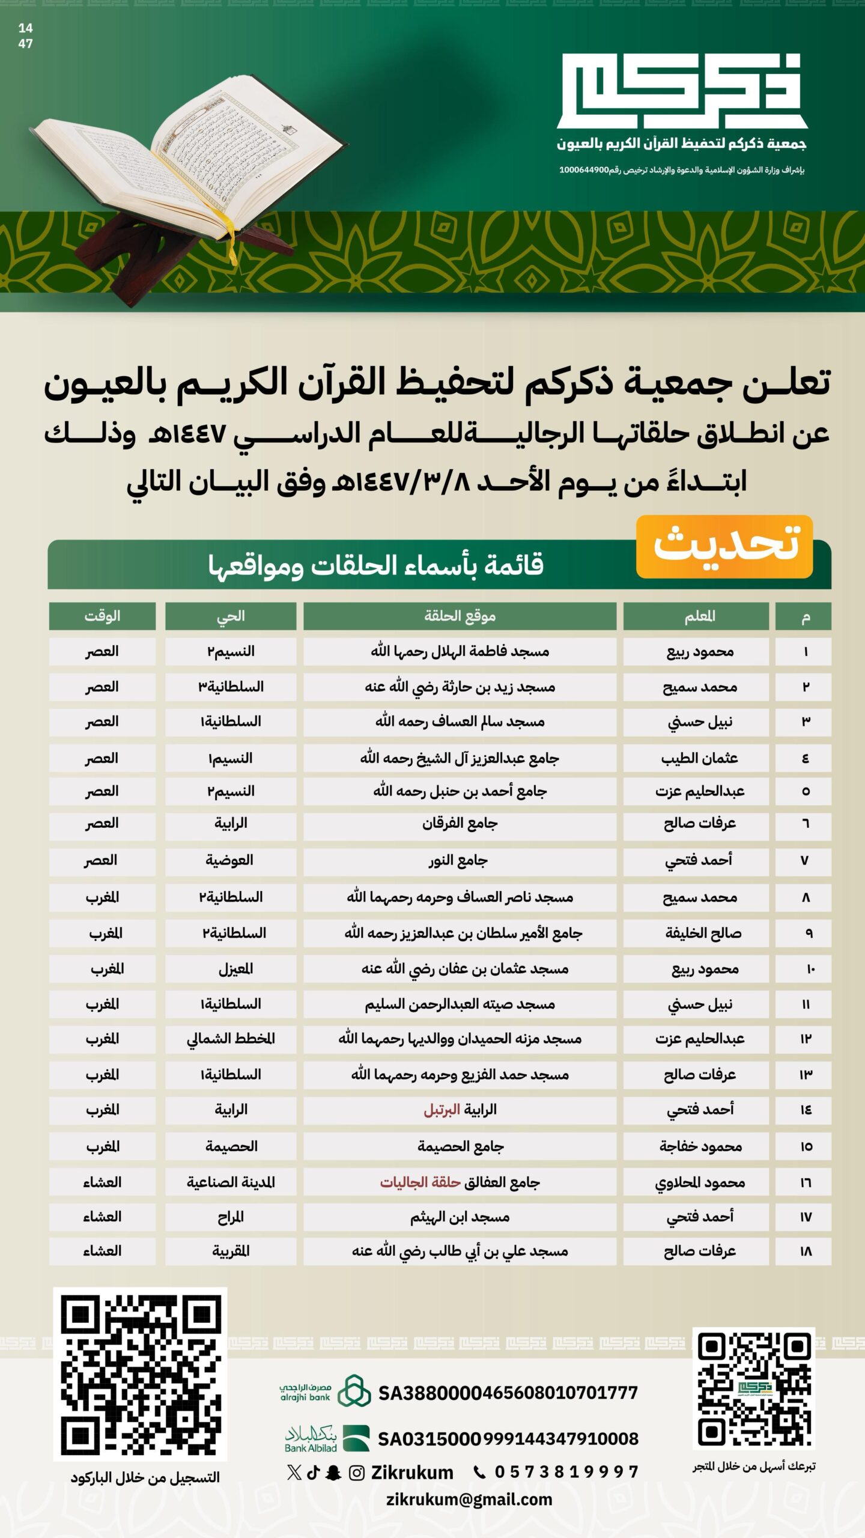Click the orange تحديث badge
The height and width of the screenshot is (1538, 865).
724,546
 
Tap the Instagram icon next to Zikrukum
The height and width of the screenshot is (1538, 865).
357,1473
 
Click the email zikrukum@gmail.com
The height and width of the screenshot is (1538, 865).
469,1500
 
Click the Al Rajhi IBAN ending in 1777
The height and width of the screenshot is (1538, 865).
508,1393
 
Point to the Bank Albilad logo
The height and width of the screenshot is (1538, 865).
327,1439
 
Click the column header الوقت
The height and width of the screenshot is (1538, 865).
102,616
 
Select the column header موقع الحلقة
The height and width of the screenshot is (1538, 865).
460,616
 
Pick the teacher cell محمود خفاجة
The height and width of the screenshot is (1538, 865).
700,1146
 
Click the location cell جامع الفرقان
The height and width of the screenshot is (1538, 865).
460,823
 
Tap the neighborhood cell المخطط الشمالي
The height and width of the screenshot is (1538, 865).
231,1039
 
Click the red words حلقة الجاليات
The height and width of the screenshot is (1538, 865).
420,1182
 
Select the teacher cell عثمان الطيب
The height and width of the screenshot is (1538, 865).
699,758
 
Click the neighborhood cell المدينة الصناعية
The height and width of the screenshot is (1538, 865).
231,1182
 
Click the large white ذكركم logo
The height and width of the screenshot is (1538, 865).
682,90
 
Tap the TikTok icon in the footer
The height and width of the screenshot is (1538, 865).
314,1473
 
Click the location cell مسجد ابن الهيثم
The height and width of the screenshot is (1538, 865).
460,1217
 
